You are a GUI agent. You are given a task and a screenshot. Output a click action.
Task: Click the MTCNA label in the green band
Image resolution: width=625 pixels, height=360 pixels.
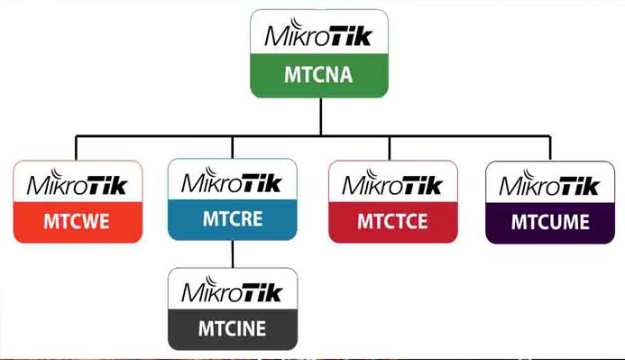[319, 76]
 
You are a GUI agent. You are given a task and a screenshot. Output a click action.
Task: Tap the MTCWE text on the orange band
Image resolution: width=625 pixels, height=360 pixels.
[77, 221]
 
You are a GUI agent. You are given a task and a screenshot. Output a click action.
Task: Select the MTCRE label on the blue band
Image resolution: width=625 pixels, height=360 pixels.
[232, 219]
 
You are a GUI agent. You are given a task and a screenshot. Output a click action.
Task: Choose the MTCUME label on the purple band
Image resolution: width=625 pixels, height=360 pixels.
[549, 221]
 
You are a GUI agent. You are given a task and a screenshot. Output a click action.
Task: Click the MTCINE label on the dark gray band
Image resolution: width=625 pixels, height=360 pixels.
[232, 328]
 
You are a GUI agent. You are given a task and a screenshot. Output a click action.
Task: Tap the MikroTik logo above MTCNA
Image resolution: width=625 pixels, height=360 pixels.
[319, 36]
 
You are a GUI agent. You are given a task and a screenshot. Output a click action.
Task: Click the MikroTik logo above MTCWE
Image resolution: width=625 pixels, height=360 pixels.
[78, 185]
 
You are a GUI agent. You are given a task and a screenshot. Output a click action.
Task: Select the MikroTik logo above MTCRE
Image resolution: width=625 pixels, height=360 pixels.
[232, 181]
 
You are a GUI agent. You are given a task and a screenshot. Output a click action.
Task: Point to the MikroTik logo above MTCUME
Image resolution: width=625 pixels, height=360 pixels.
[549, 185]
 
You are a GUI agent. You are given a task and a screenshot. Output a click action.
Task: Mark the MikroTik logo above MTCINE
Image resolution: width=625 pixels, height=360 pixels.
[232, 291]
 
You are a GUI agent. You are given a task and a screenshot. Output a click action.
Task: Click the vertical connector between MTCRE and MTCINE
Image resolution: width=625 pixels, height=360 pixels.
[232, 254]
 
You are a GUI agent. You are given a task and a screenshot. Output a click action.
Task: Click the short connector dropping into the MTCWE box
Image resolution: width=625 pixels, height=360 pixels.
[77, 148]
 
